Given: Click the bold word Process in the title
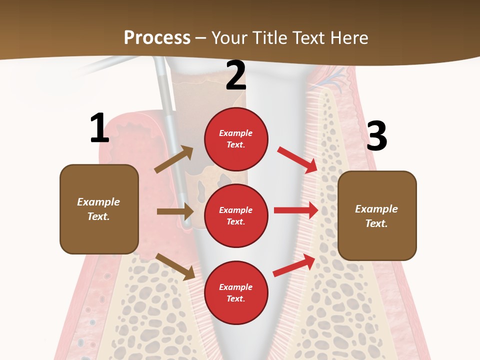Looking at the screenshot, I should (157, 37).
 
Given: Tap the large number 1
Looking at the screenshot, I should (99, 128).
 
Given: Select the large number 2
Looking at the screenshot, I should (236, 75).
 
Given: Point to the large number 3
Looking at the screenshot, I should (377, 136).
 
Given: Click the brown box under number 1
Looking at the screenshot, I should (99, 209).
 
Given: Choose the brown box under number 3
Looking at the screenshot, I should (377, 215).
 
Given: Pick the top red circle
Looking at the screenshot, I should (236, 139).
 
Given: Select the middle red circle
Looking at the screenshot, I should (236, 215).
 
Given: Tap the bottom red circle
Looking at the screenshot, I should (236, 292).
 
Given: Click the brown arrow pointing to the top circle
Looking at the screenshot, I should (174, 159).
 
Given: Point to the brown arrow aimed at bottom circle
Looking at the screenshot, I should (175, 266).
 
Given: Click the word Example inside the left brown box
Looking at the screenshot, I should (98, 202).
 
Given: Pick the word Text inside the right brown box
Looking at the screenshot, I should (376, 223).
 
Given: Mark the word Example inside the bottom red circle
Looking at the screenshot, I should (236, 287).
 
